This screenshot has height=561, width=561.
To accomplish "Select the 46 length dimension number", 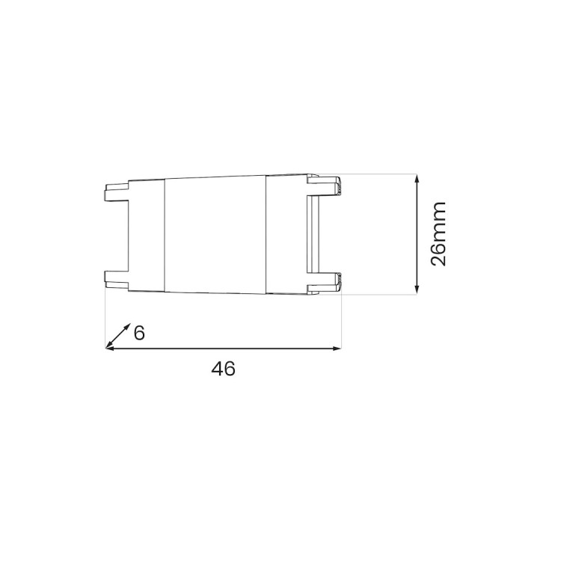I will click(223, 368).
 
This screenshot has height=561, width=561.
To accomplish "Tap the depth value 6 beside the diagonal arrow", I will click(138, 332).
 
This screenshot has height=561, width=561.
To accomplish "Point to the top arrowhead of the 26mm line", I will click(417, 180).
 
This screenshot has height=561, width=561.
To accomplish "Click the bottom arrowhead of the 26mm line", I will click(417, 289).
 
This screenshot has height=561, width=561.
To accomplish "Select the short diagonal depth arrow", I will click(118, 337).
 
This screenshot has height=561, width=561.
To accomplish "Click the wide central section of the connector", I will click(215, 233).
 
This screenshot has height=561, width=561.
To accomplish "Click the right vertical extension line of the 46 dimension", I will click(341, 322).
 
